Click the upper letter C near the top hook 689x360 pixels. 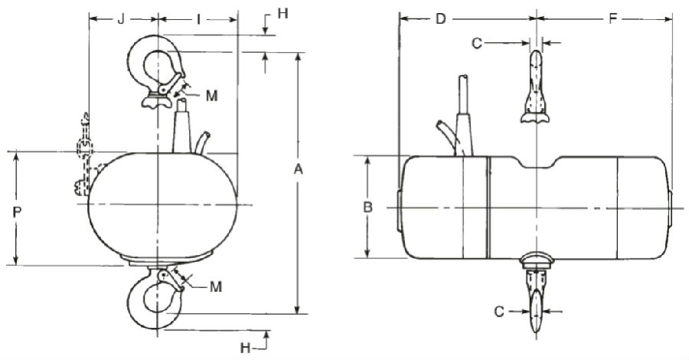coord(476,44)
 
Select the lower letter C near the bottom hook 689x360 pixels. coord(498,312)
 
